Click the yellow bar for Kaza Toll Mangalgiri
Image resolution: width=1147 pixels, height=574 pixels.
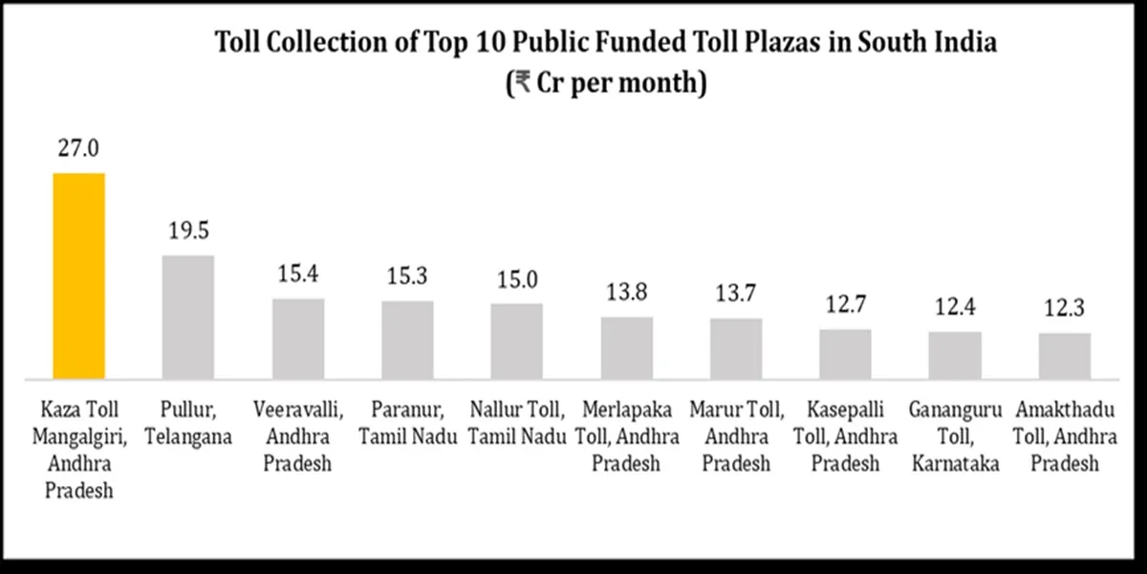click(78, 275)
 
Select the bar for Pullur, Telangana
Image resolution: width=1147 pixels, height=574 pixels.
click(188, 316)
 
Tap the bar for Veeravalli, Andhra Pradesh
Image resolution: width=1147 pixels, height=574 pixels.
click(298, 338)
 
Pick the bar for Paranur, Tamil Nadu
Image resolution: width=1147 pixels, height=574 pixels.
click(407, 339)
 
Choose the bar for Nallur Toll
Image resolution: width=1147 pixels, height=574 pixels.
click(517, 340)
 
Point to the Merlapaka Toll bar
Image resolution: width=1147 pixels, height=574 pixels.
click(627, 346)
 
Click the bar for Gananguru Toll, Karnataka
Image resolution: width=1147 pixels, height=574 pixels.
click(955, 354)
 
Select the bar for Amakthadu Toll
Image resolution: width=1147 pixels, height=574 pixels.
click(1065, 355)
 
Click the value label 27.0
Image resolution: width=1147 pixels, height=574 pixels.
click(78, 149)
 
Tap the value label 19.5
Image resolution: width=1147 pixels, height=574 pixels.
click(188, 232)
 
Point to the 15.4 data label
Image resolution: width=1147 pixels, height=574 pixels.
click(298, 276)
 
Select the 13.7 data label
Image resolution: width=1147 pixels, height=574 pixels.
click(736, 296)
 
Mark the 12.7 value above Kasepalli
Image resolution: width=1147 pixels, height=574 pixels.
click(846, 306)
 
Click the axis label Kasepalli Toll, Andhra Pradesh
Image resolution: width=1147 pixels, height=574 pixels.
click(846, 437)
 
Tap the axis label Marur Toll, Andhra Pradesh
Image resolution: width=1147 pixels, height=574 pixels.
click(736, 437)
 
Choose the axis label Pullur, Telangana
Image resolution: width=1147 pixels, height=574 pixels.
click(188, 424)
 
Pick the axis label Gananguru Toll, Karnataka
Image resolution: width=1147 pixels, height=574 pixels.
click(955, 437)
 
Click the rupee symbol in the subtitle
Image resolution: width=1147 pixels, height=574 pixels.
click(522, 82)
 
